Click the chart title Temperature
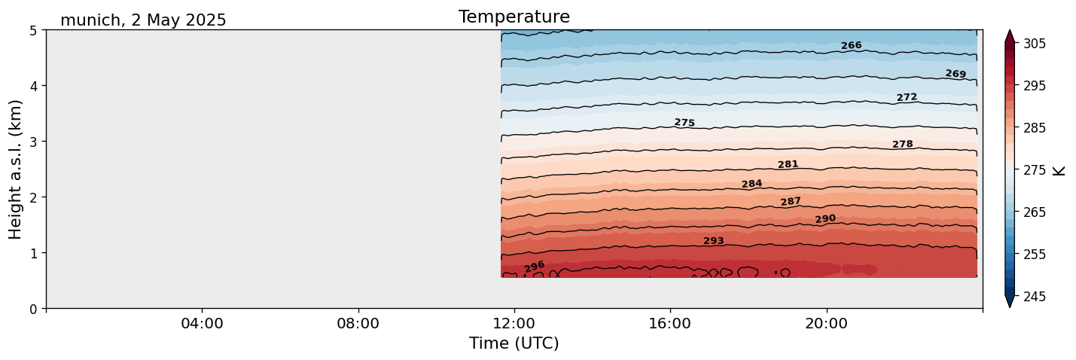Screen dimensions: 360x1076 click(514, 17)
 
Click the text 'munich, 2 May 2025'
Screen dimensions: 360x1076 click(143, 20)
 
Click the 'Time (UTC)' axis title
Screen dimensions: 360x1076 click(514, 343)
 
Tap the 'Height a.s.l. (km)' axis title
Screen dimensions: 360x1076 click(16, 169)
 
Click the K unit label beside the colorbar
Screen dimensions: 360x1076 click(1059, 170)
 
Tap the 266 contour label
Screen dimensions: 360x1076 click(851, 46)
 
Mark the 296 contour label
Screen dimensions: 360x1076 click(534, 267)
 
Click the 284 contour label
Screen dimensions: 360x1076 click(751, 184)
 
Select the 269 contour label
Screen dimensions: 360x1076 click(955, 74)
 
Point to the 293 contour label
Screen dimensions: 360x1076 click(713, 241)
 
